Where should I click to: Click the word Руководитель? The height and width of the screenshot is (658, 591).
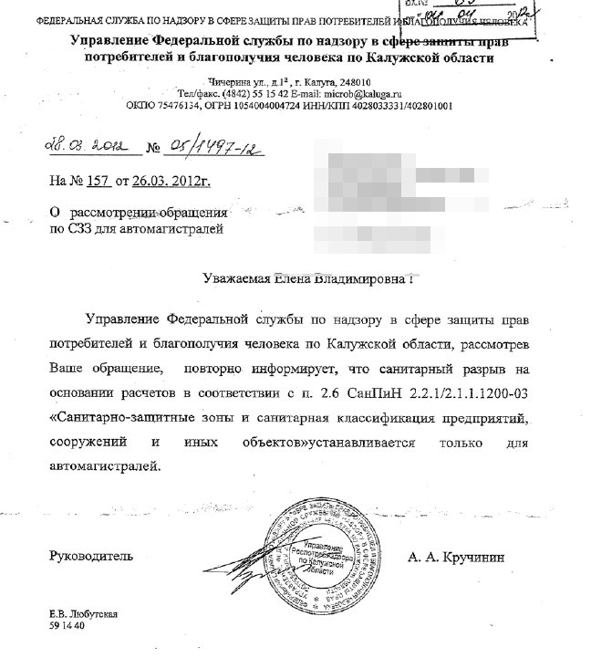[x=90, y=555]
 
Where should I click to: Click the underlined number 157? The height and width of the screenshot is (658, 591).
[x=98, y=181]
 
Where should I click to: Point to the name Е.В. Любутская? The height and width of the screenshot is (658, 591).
[x=83, y=616]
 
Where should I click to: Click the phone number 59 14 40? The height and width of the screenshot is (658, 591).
[x=67, y=627]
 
